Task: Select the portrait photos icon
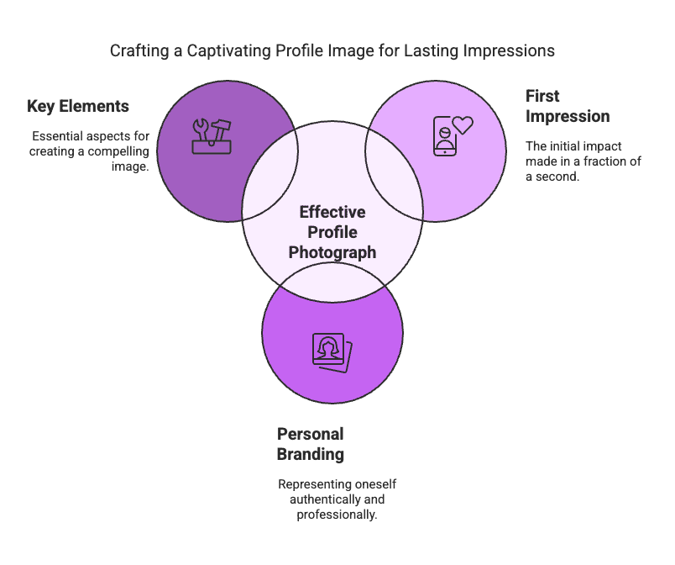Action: tap(332, 351)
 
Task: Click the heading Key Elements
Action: tap(78, 107)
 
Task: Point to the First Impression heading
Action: tap(568, 106)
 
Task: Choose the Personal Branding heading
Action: tap(311, 444)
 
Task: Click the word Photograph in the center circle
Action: tap(332, 251)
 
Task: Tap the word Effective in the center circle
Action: tap(332, 213)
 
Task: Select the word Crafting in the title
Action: tap(137, 50)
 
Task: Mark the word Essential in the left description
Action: tap(58, 136)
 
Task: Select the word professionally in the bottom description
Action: tap(337, 514)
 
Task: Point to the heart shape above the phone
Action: tap(463, 125)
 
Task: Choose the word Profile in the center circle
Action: tap(332, 232)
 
